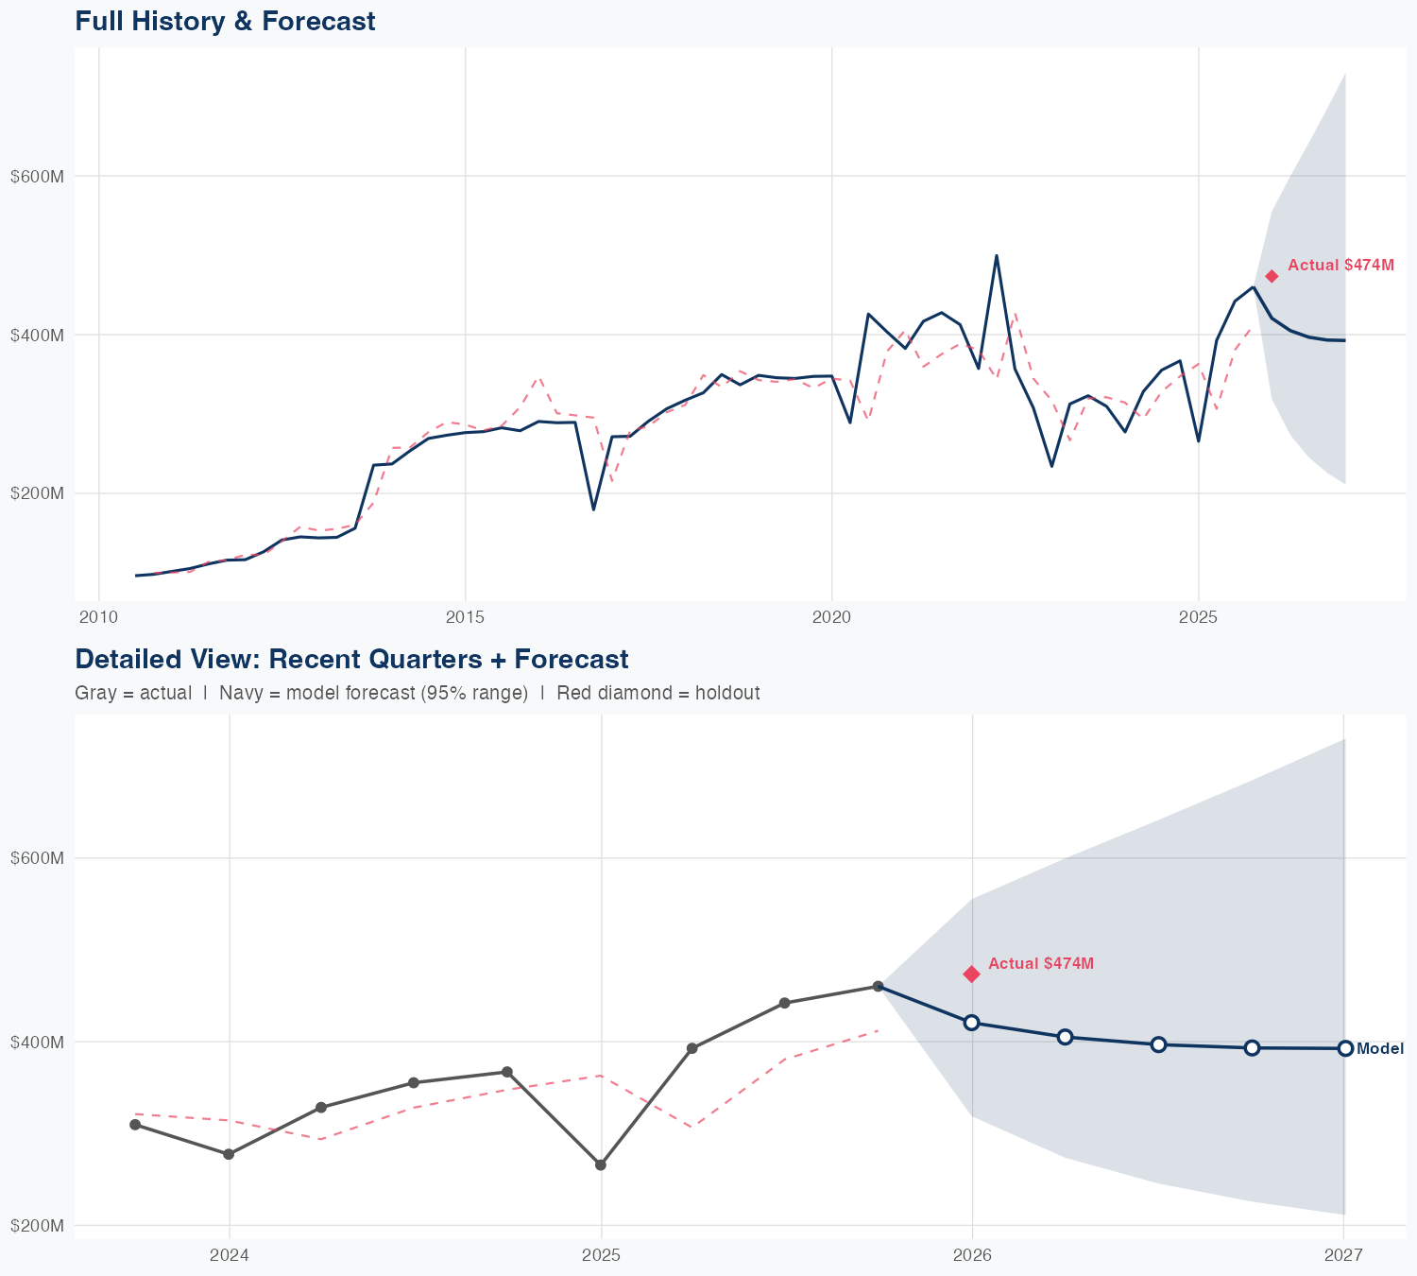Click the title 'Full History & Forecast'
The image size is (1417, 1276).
[x=225, y=21]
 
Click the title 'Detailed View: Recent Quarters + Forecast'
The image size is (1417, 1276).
[x=351, y=659]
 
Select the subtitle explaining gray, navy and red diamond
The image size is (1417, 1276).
[x=417, y=693]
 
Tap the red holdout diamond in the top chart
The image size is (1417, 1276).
[x=1272, y=276]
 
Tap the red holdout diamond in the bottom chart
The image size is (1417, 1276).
[x=971, y=974]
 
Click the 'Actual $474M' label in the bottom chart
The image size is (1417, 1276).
[x=1041, y=963]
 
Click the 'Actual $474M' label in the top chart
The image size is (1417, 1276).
[x=1340, y=266]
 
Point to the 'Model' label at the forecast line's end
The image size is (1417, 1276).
[x=1379, y=1048]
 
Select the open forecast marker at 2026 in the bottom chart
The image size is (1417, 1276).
[x=971, y=1023]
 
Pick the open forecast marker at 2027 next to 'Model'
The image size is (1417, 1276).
[x=1345, y=1048]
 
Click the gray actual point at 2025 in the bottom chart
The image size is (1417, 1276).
[x=601, y=1164]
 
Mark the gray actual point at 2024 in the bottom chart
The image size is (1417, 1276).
[x=229, y=1154]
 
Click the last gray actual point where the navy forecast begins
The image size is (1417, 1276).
[x=879, y=986]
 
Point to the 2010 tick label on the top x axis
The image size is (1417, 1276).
[x=99, y=617]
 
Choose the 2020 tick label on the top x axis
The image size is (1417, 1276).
[x=831, y=617]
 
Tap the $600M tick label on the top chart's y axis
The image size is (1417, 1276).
[x=37, y=176]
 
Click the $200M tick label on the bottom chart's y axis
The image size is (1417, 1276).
[x=37, y=1225]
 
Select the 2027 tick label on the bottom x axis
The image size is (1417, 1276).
[x=1343, y=1255]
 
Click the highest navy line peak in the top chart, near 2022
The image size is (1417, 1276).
[x=997, y=255]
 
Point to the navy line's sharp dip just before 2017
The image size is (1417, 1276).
[x=593, y=509]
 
